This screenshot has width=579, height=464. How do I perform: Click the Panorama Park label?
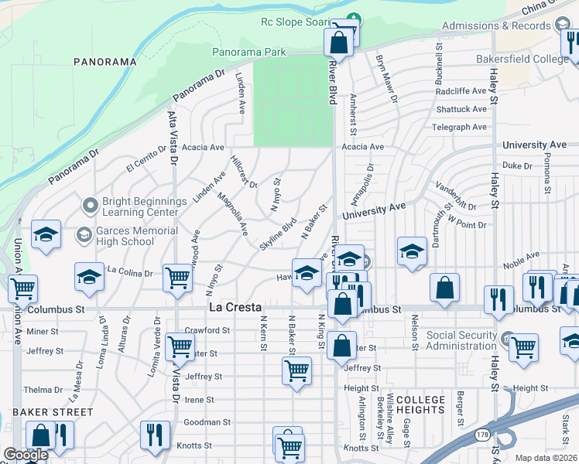tap(249, 52)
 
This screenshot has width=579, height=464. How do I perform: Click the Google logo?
tap(26, 455)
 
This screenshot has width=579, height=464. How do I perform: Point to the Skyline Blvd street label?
tap(279, 233)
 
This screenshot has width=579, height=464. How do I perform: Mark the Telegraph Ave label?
tap(460, 127)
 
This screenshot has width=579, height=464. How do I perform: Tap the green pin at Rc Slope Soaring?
tap(355, 19)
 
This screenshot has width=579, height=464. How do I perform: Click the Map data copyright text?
tap(546, 458)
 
